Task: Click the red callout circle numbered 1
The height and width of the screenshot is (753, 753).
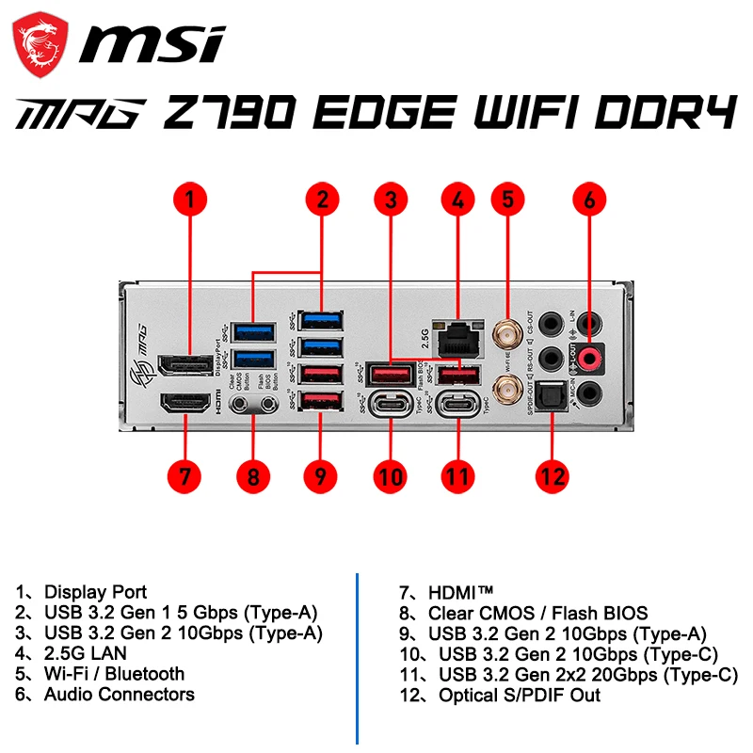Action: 191,200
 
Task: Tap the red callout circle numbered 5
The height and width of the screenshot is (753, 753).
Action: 508,200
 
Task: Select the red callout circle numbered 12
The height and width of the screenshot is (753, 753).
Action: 553,475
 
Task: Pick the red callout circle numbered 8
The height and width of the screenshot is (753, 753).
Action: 252,475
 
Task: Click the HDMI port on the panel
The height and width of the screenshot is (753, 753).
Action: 185,404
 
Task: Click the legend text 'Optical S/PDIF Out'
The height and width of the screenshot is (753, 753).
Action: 520,696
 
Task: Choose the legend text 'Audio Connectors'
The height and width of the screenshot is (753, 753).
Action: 119,695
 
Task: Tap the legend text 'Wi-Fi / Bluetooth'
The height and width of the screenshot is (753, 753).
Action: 114,674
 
